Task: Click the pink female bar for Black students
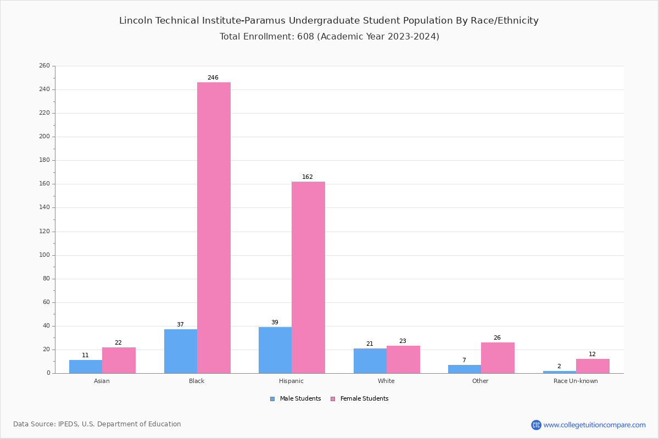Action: coord(214,228)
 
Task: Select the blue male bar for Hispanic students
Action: coord(275,350)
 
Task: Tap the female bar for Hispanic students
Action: coord(308,277)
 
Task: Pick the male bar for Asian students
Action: coord(86,367)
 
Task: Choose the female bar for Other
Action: coord(498,358)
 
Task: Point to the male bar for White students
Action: coord(370,361)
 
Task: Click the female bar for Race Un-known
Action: coord(593,366)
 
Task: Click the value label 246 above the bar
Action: coord(213,78)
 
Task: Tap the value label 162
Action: coord(308,177)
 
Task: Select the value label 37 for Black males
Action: coord(180,325)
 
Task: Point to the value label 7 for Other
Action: coord(464,361)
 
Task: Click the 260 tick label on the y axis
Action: coord(44,66)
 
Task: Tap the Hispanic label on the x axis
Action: coord(291,381)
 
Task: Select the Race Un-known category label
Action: coord(576,381)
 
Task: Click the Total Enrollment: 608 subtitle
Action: coord(329,37)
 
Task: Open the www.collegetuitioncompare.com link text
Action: coord(594,425)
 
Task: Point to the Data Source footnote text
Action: coord(97,424)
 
